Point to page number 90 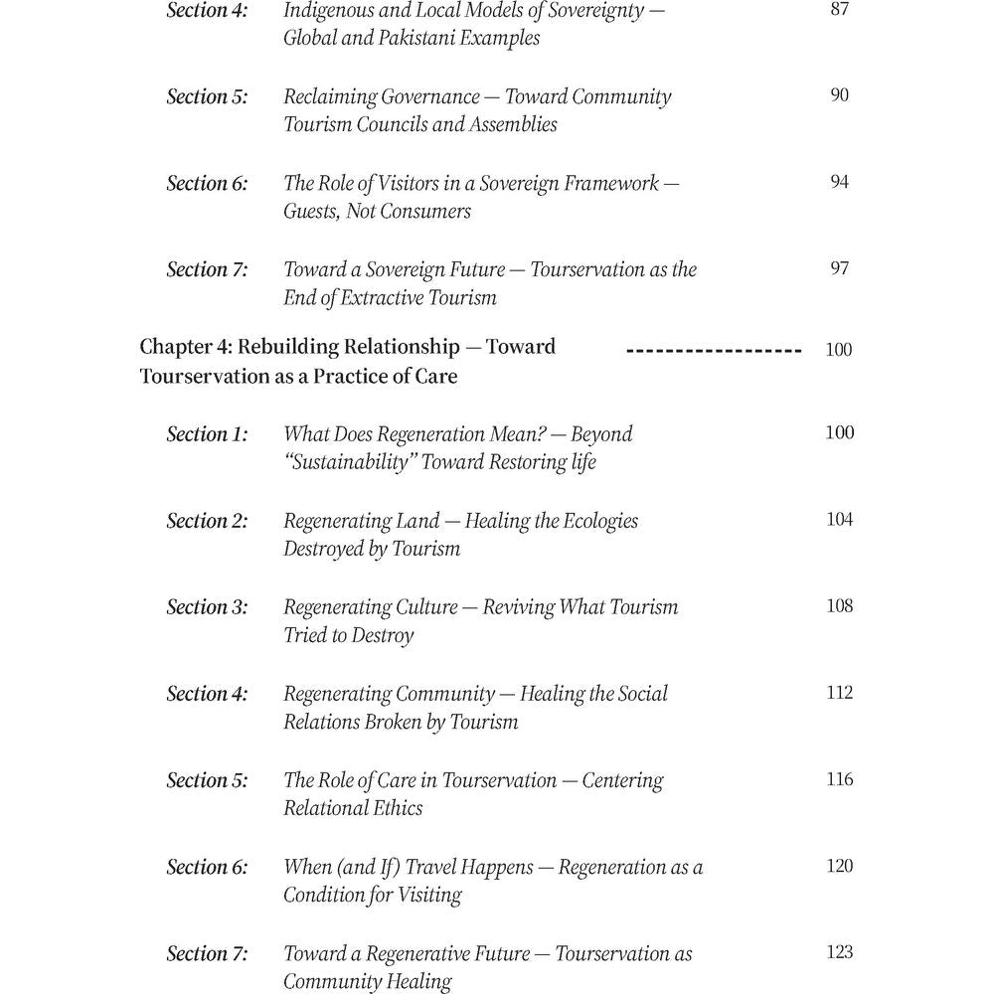[x=840, y=95]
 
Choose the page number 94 [x=840, y=182]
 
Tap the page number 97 [x=840, y=268]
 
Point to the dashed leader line [x=714, y=351]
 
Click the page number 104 [x=840, y=519]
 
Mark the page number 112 [x=840, y=692]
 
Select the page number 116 [x=840, y=779]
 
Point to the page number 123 [x=840, y=952]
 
